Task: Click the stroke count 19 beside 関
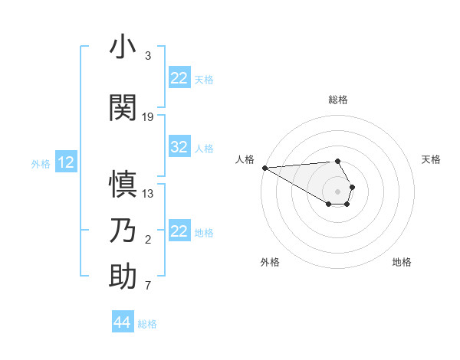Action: [x=148, y=116]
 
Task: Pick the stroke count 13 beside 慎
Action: [x=148, y=193]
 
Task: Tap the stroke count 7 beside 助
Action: [x=148, y=286]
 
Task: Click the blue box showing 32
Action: [x=179, y=148]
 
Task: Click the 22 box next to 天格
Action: [x=179, y=78]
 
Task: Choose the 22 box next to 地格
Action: [x=179, y=231]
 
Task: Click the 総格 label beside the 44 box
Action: [x=147, y=324]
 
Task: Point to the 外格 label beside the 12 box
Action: [x=40, y=163]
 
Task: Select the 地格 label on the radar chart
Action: [x=402, y=263]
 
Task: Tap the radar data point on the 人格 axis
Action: [x=264, y=168]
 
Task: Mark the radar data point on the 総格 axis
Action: [x=337, y=161]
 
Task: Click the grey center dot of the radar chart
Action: [x=337, y=191]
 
